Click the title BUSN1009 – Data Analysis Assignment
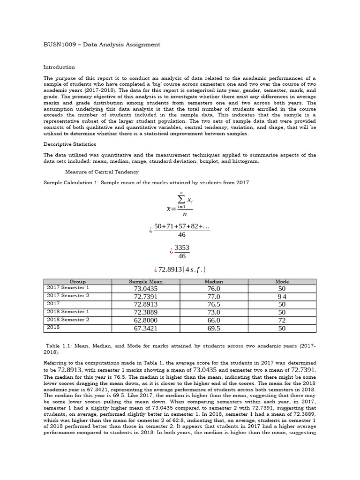pyautogui.click(x=102, y=45)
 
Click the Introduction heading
pyautogui.click(x=59, y=67)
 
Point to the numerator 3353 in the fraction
pyautogui.click(x=182, y=247)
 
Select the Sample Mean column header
pyautogui.click(x=146, y=282)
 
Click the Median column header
pyautogui.click(x=214, y=282)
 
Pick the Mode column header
pyautogui.click(x=282, y=282)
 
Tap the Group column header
pyautogui.click(x=77, y=282)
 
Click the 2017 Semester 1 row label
pyautogui.click(x=68, y=287)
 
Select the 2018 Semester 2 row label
pyautogui.click(x=68, y=320)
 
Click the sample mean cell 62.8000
pyautogui.click(x=146, y=321)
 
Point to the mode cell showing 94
pyautogui.click(x=282, y=297)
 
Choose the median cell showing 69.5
pyautogui.click(x=214, y=329)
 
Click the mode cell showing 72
pyautogui.click(x=282, y=321)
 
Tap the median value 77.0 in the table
pyautogui.click(x=214, y=297)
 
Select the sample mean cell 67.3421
pyautogui.click(x=146, y=329)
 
